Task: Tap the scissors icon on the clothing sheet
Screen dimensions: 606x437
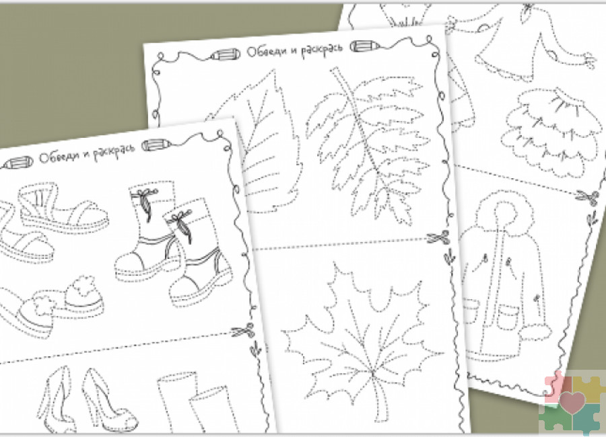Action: coord(586,196)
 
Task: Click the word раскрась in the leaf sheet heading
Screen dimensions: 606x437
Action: coord(322,49)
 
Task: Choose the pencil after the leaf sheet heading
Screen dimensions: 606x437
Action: coord(364,46)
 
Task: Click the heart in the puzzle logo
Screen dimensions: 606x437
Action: coord(572,401)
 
